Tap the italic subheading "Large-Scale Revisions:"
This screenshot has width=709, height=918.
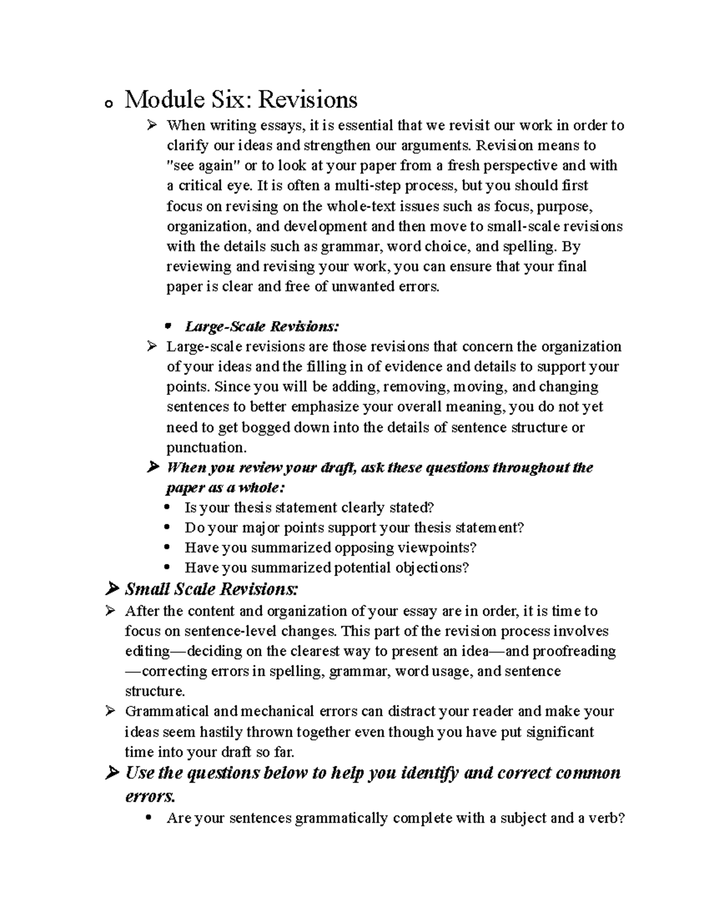coord(262,326)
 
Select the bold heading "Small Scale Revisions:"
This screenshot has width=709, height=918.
coord(212,589)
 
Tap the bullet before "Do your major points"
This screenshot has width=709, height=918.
coord(169,527)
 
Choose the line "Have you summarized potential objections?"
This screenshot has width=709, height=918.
coord(326,567)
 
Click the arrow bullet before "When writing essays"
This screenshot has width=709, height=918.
coord(152,125)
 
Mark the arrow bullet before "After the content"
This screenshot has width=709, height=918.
coord(110,611)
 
